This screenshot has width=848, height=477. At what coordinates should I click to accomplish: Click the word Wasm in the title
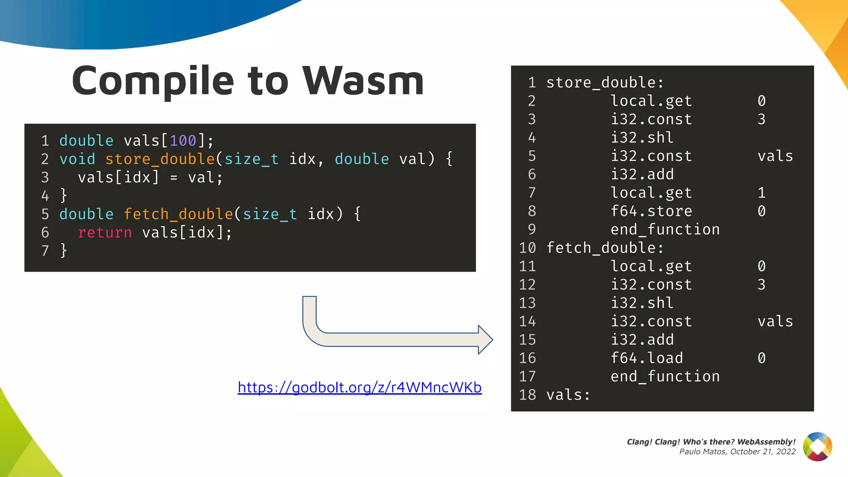[363, 81]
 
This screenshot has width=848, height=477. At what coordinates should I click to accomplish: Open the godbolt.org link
[359, 388]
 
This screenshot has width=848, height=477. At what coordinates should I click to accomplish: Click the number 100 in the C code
[183, 141]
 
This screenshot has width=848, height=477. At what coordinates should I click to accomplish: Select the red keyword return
[105, 233]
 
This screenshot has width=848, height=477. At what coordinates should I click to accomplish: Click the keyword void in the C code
[77, 159]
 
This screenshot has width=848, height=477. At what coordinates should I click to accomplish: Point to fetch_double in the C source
[178, 214]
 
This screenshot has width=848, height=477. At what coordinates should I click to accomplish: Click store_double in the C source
[160, 159]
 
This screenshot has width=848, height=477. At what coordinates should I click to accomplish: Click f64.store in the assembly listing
[651, 211]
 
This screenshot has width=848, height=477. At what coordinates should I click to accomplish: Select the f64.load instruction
[646, 358]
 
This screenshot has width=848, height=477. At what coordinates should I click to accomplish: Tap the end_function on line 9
[665, 229]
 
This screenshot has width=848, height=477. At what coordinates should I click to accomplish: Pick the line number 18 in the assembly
[527, 395]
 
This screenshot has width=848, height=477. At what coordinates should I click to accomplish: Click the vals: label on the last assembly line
[568, 395]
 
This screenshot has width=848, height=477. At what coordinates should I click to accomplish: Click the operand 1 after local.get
[761, 193]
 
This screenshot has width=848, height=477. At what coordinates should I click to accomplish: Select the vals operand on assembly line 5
[775, 156]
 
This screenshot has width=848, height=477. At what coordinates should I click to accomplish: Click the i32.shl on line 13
[642, 303]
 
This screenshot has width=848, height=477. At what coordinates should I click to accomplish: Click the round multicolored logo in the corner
[817, 446]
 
